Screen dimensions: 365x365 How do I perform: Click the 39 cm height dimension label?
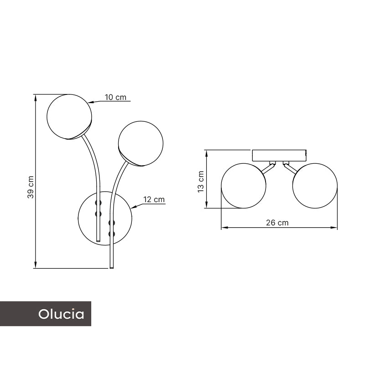point(31,187)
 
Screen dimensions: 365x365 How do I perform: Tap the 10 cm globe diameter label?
point(115,97)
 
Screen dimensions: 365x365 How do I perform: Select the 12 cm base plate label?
point(154,199)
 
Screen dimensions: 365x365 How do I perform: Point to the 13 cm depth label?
point(201,182)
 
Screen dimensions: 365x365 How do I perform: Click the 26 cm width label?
point(277,223)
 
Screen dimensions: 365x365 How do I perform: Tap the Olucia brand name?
point(61,314)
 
